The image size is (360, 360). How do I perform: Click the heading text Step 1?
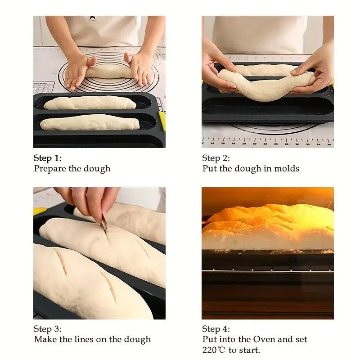point(47,158)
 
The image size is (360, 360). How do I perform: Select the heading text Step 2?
point(216,158)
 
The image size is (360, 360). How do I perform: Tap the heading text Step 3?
point(47,329)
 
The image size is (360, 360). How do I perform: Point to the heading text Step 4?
point(216,329)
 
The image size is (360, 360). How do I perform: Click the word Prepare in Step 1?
point(50,169)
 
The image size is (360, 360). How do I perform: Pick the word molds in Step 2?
point(287,169)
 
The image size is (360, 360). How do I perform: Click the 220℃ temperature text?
point(214,350)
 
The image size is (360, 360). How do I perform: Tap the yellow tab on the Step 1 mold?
point(162,121)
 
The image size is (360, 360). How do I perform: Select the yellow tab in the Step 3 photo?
point(40,211)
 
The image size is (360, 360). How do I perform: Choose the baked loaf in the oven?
point(268,228)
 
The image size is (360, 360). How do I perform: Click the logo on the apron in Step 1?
point(92,18)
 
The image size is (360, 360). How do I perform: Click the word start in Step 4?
point(250,350)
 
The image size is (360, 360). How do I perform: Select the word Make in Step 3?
point(45,339)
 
